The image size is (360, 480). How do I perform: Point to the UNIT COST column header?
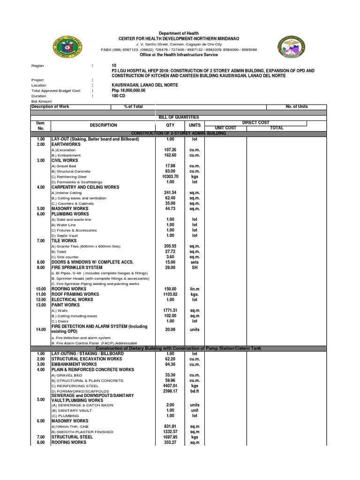(x=225, y=127)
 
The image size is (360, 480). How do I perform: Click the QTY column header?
(x=170, y=125)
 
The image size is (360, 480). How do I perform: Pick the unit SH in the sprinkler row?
(x=195, y=268)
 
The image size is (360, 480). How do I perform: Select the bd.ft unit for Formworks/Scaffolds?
(x=195, y=391)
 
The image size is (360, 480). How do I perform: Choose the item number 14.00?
(x=40, y=330)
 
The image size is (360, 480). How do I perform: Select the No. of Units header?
(x=296, y=106)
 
